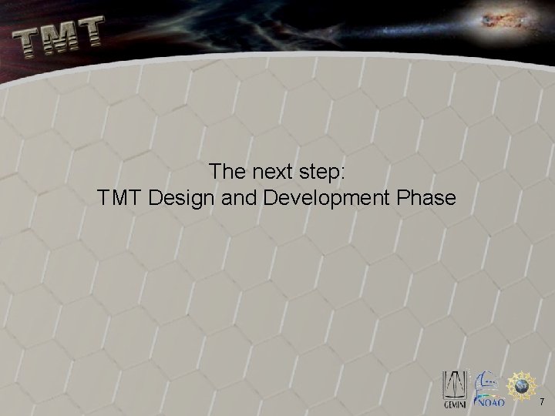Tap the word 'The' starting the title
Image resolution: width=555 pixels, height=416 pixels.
(x=227, y=171)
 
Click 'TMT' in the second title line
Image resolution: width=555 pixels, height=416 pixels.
(x=120, y=198)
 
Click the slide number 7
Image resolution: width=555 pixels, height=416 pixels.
(x=542, y=401)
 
